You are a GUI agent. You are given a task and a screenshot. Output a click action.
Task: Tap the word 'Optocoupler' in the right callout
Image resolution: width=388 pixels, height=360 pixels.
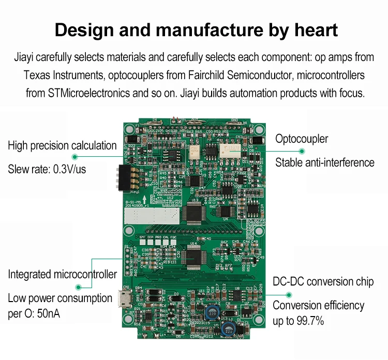tap(302, 139)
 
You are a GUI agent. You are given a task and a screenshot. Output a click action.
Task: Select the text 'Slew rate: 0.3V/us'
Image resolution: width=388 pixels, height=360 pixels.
tap(47, 169)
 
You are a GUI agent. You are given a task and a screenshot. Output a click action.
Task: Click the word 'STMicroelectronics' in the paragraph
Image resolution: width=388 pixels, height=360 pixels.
tap(88, 94)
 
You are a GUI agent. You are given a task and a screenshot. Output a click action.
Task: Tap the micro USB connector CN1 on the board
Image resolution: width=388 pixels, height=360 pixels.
tap(126, 299)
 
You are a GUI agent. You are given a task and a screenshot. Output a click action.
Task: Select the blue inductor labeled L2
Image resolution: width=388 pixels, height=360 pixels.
tap(211, 312)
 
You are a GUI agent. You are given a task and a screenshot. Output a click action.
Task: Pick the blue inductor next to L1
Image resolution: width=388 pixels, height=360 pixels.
tap(228, 329)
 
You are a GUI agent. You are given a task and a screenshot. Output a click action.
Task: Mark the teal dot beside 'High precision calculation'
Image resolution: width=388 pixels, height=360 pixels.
tap(74, 156)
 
